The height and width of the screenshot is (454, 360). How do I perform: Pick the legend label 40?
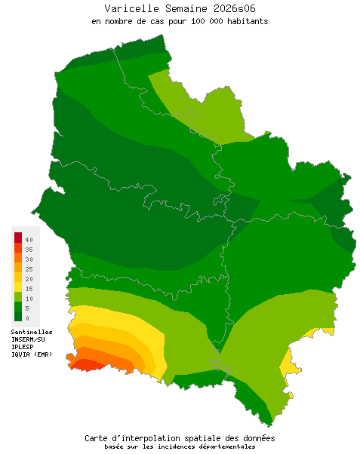tap(28, 239)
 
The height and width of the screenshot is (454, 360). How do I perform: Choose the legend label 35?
tap(28, 249)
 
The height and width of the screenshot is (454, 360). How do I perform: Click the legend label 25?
tap(28, 268)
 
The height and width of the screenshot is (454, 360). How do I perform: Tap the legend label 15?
tap(28, 288)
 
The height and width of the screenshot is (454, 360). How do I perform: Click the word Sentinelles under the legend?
tap(32, 332)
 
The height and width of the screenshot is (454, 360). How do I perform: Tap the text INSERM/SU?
tap(28, 339)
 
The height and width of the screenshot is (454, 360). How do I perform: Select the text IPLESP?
tap(23, 347)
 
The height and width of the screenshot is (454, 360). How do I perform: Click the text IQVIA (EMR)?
tap(32, 354)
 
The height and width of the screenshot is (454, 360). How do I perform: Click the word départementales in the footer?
tap(225, 446)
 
